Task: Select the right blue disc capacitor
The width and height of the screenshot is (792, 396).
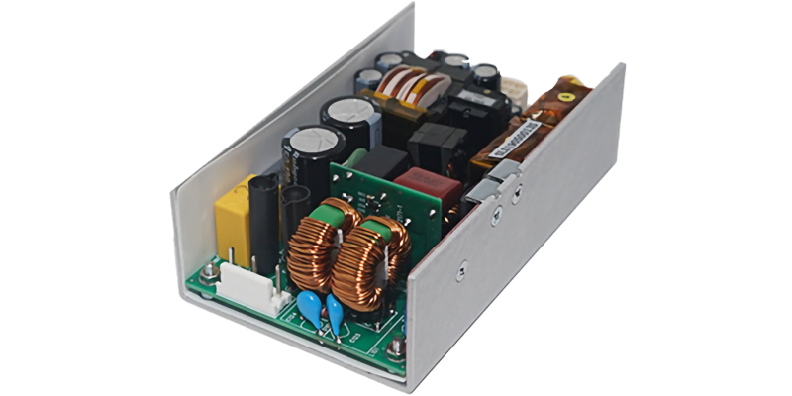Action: (x=335, y=316)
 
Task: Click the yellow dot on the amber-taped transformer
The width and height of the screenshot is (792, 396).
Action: (x=566, y=98)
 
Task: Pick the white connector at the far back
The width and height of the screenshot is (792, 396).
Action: (x=514, y=91)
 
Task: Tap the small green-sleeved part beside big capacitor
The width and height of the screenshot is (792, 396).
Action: (x=353, y=157)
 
